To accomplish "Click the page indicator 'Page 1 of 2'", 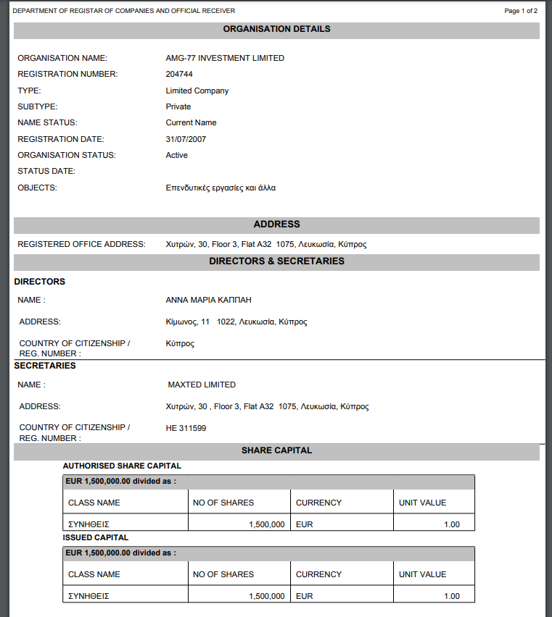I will [520, 11].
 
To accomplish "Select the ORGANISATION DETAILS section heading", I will [276, 29].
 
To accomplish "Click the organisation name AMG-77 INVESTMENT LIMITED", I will [225, 58].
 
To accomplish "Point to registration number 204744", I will [179, 74].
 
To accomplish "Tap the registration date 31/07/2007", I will [185, 139].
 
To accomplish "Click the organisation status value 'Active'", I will [176, 155].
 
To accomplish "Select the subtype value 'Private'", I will [178, 106].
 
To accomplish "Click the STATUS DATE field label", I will [46, 172].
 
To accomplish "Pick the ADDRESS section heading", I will [276, 224].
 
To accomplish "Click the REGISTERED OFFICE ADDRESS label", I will [81, 244].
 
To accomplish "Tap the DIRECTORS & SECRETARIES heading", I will [276, 261].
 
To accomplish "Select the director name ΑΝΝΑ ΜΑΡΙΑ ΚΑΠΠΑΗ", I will [208, 300].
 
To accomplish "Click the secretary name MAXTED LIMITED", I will [202, 385].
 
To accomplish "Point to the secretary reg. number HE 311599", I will [186, 428].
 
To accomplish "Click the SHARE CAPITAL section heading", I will [276, 450].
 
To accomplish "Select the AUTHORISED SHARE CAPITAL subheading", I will [122, 466].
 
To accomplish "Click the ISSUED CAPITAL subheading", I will [96, 537].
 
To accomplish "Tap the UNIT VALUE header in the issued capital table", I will [422, 574].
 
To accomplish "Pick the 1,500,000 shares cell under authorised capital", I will [266, 524].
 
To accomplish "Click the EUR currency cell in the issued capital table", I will [305, 596].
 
